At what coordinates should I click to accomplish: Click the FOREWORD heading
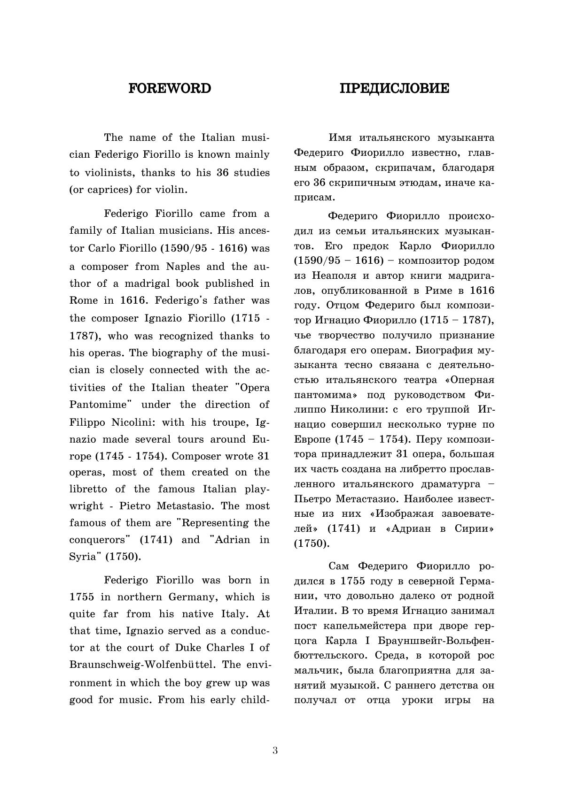pos(170,88)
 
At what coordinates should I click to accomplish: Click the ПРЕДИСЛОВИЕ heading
pos(394,88)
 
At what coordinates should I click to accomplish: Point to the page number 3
pos(275,750)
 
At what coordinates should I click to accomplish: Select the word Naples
pos(183,267)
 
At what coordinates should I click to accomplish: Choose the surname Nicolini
pos(133,422)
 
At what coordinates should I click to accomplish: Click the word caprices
pos(104,190)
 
